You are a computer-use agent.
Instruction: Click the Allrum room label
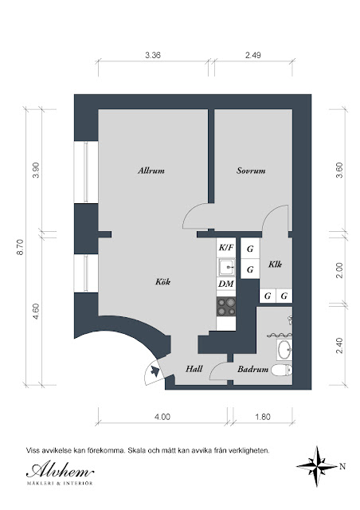click(x=151, y=171)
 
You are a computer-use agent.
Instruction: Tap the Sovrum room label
click(x=251, y=171)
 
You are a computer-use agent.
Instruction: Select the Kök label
click(x=162, y=281)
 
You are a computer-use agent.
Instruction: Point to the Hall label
click(x=194, y=369)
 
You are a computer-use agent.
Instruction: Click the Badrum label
click(x=252, y=369)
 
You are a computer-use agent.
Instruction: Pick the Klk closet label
click(x=275, y=264)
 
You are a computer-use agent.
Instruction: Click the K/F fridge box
click(x=226, y=248)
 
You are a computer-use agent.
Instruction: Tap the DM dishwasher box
click(x=226, y=284)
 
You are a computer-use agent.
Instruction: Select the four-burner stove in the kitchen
click(x=226, y=306)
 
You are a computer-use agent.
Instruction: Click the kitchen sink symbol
click(x=226, y=268)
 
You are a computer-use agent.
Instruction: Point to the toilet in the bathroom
click(x=282, y=370)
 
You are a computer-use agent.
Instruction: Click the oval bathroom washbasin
click(x=284, y=350)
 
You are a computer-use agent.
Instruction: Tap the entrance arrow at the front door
click(x=155, y=371)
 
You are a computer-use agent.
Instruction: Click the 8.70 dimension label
click(x=20, y=247)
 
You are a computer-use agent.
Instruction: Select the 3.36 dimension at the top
click(x=153, y=55)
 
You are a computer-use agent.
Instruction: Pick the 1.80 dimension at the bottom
click(x=263, y=417)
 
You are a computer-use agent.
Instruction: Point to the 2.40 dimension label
click(x=339, y=346)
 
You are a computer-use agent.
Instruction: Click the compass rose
click(x=317, y=466)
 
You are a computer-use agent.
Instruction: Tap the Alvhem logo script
click(x=60, y=470)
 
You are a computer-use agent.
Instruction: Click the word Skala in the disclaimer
click(x=137, y=451)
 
